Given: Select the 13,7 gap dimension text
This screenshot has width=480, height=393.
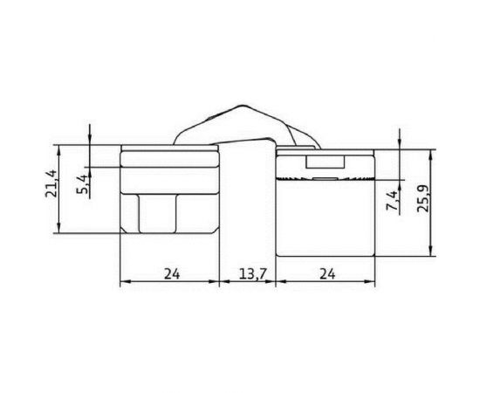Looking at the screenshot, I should tap(251, 274).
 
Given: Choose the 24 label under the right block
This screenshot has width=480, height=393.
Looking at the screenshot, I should tap(327, 274).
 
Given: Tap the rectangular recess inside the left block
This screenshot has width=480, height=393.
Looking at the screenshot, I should tap(157, 213).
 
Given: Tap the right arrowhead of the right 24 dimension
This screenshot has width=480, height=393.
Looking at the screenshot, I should tap(374, 281).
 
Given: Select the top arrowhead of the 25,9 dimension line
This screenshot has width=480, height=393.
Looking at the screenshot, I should tap(432, 149).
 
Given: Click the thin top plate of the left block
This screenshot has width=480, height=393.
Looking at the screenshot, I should tap(168, 148).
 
